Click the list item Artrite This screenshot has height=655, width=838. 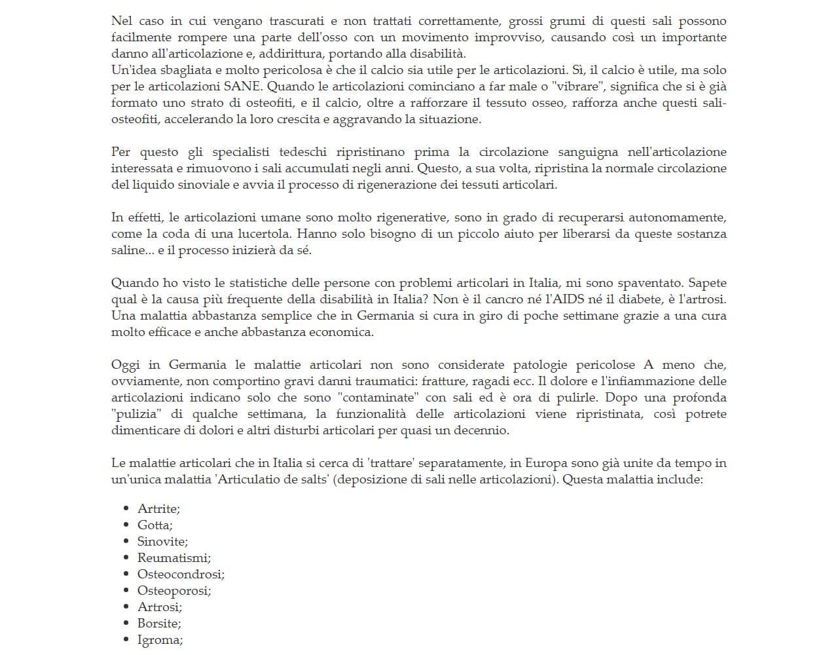158,509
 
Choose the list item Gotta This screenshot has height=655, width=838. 154,525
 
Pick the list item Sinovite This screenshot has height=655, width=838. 162,542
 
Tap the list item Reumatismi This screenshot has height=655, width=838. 173,558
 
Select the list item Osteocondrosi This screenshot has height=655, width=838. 180,574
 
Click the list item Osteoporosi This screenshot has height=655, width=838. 173,591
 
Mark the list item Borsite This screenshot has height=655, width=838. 158,624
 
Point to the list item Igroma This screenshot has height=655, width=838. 159,640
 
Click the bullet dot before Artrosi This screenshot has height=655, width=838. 126,607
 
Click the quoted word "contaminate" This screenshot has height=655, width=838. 378,398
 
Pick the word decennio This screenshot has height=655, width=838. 480,430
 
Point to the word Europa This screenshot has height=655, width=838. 545,463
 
